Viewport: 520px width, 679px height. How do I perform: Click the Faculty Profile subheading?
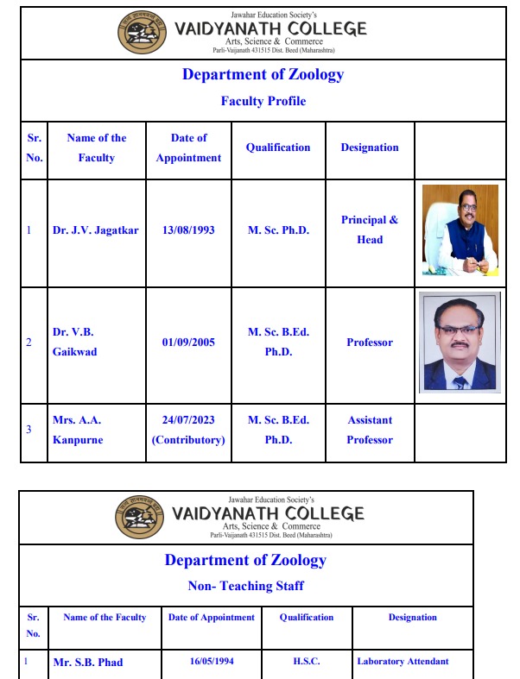pyautogui.click(x=263, y=101)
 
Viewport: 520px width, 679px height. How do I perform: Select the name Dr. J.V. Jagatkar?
pyautogui.click(x=95, y=230)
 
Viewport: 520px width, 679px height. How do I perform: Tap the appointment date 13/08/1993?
pyautogui.click(x=188, y=230)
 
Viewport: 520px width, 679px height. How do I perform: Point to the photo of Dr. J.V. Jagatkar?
pyautogui.click(x=460, y=229)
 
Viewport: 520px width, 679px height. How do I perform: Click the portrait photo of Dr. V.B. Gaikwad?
pyautogui.click(x=460, y=342)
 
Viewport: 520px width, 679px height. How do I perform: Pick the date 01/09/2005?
pyautogui.click(x=188, y=343)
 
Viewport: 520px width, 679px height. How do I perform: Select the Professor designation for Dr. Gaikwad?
pyautogui.click(x=370, y=343)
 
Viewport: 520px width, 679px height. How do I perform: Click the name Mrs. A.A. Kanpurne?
pyautogui.click(x=77, y=430)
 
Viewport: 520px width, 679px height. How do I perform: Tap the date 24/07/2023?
pyautogui.click(x=188, y=420)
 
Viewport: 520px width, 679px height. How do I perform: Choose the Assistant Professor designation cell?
pyautogui.click(x=370, y=430)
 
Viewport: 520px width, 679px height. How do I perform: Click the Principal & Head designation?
pyautogui.click(x=370, y=229)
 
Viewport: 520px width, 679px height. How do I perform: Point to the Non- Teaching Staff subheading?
pyautogui.click(x=246, y=586)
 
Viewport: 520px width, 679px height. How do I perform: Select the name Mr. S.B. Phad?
pyautogui.click(x=88, y=663)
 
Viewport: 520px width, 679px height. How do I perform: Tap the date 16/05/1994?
pyautogui.click(x=212, y=662)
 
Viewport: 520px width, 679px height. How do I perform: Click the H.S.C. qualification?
pyautogui.click(x=307, y=662)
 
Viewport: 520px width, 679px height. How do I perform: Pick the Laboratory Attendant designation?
pyautogui.click(x=403, y=662)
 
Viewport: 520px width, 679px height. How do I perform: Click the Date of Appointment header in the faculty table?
pyautogui.click(x=188, y=148)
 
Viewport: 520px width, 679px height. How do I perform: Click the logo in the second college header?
pyautogui.click(x=140, y=518)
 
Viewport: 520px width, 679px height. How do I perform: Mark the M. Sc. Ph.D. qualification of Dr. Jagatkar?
pyautogui.click(x=278, y=230)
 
